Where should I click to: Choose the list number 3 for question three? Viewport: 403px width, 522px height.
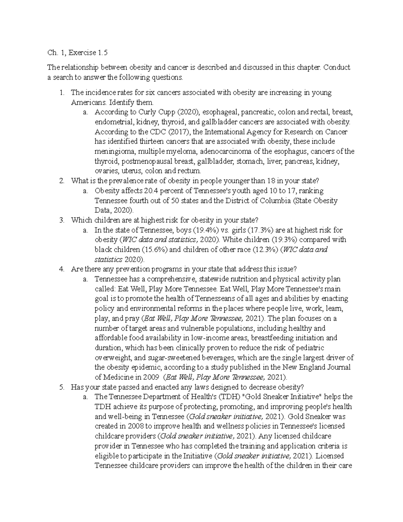pos(61,220)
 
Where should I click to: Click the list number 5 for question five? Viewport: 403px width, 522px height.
pos(61,387)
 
